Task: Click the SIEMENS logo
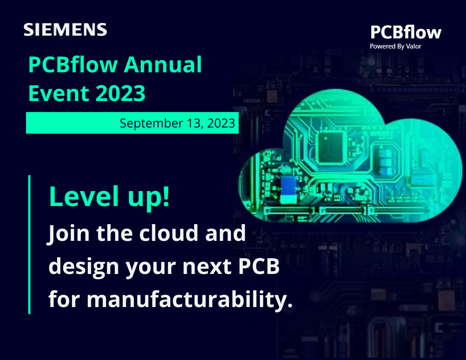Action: click(65, 30)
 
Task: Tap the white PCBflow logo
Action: click(405, 33)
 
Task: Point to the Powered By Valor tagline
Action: click(395, 46)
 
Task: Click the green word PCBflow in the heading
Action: click(73, 65)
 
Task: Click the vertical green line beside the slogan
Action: click(30, 244)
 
